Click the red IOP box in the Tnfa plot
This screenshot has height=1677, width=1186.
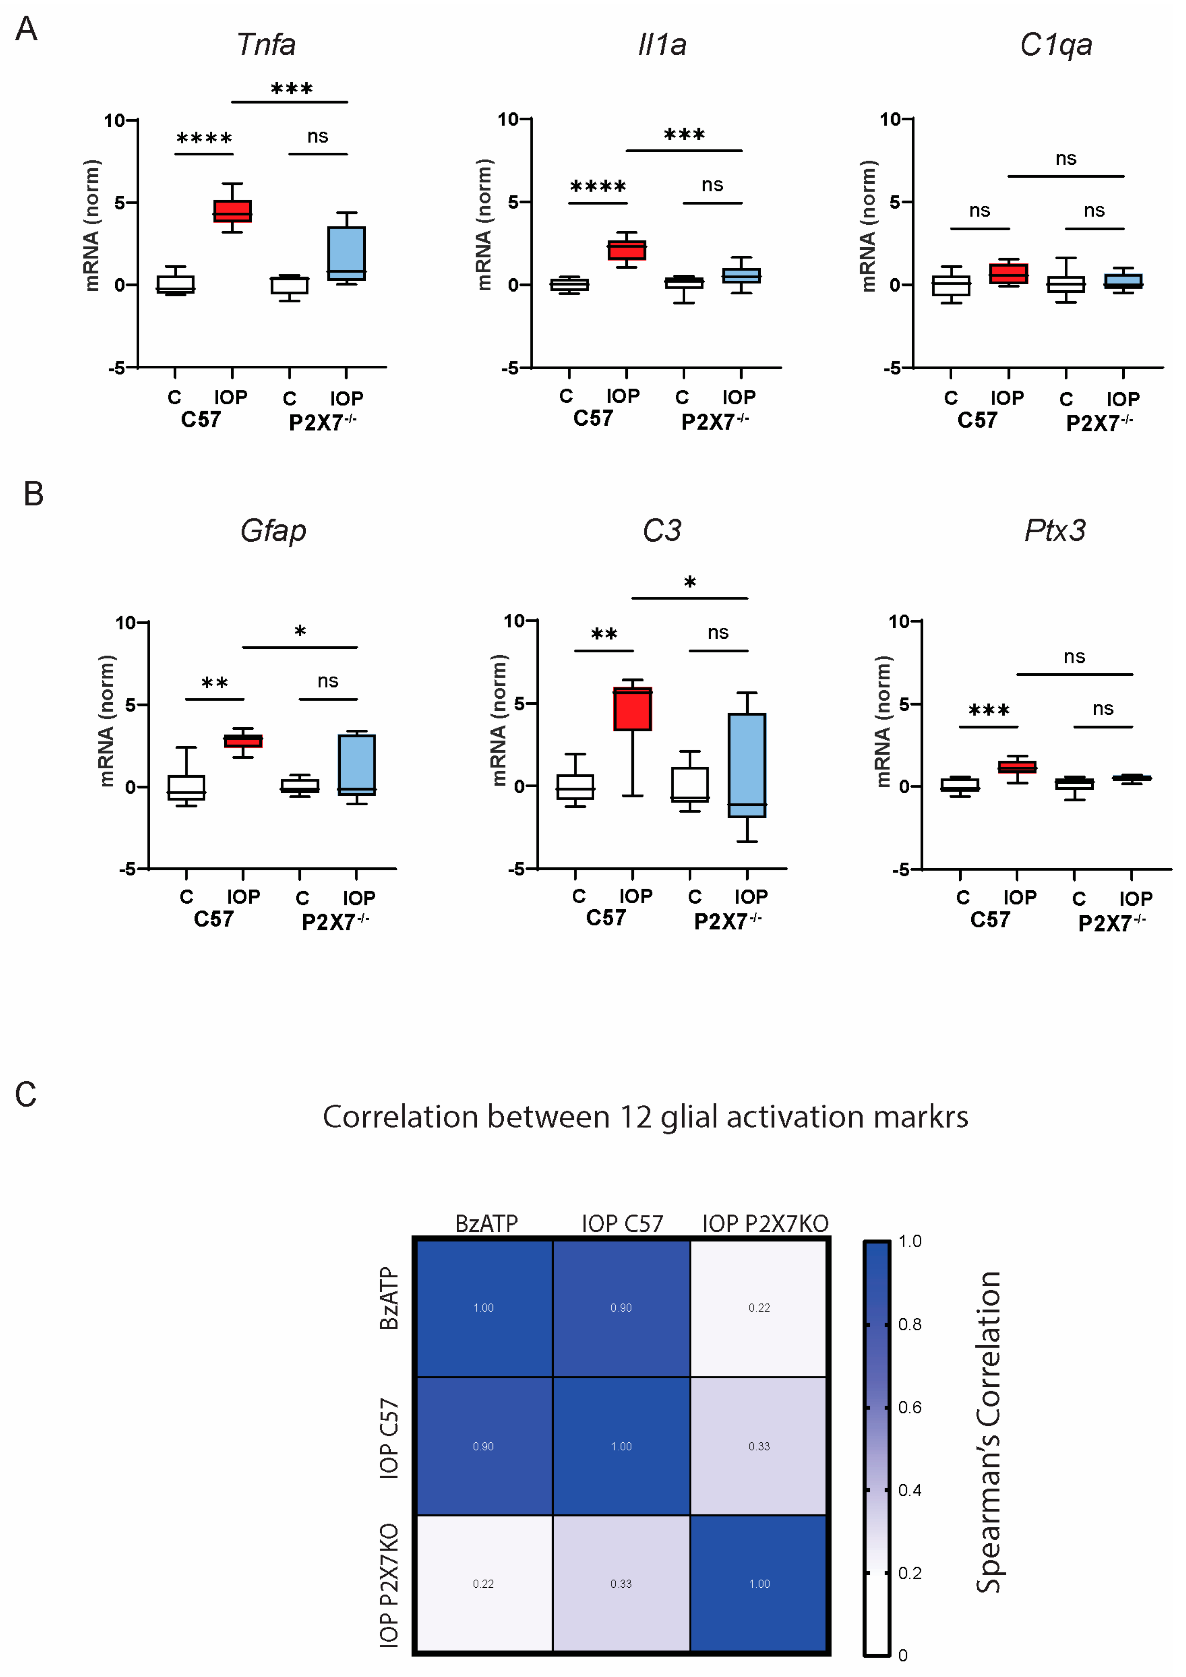tap(232, 211)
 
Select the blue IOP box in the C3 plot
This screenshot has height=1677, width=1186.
tap(747, 765)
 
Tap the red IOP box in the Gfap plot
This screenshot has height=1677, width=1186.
tap(243, 741)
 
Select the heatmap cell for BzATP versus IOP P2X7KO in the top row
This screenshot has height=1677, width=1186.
tap(759, 1307)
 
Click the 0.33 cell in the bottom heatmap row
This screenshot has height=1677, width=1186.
tap(621, 1583)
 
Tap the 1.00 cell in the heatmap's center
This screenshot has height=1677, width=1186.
tap(621, 1446)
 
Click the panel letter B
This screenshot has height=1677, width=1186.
tap(34, 494)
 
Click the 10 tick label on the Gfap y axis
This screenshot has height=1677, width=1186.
tap(126, 623)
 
